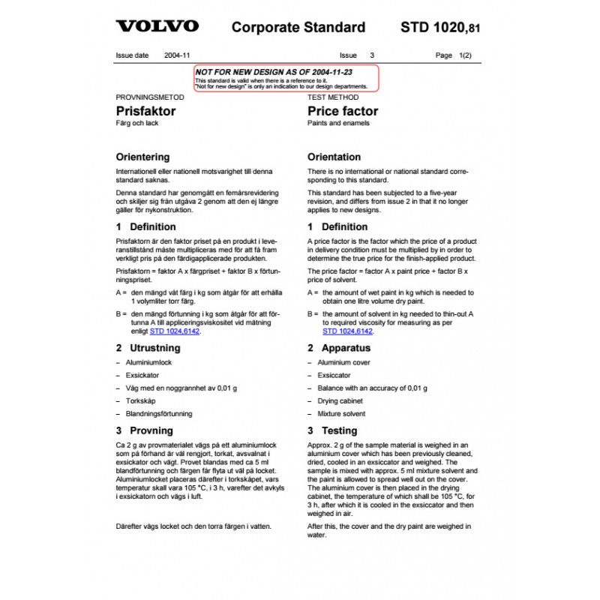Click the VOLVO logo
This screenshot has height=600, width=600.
[x=157, y=26]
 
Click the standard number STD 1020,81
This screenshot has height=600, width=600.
[x=439, y=28]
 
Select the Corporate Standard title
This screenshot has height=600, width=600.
[x=298, y=28]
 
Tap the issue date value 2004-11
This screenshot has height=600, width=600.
[x=177, y=55]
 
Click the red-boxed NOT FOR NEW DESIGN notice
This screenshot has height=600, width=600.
[x=285, y=79]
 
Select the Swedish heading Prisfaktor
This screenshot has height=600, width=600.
[x=145, y=111]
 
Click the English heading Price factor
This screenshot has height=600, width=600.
[x=343, y=111]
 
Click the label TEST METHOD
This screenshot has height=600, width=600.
[x=333, y=97]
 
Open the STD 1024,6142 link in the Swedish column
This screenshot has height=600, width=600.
[x=174, y=331]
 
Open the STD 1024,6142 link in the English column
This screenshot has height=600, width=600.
[x=347, y=331]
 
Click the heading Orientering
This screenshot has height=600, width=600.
[x=142, y=157]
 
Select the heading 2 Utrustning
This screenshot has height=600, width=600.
[x=148, y=348]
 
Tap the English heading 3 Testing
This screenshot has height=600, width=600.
[x=332, y=430]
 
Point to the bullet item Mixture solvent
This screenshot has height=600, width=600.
[x=341, y=413]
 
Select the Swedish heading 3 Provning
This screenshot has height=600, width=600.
[x=144, y=430]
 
